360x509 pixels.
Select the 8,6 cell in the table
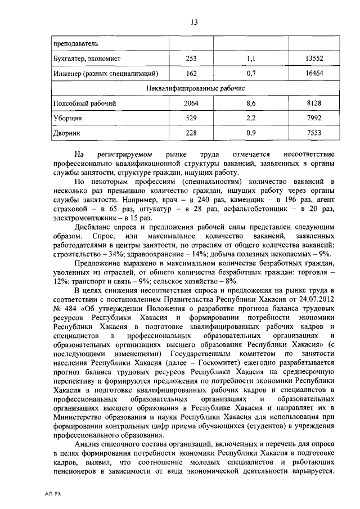point(251,103)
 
